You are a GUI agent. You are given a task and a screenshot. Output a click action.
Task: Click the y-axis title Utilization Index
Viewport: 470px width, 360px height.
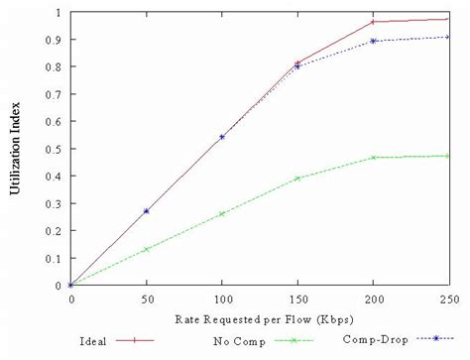pyautogui.click(x=16, y=148)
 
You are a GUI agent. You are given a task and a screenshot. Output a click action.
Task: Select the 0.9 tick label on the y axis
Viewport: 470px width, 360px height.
pyautogui.click(x=57, y=40)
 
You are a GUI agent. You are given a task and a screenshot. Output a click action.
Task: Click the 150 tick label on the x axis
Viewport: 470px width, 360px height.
pyautogui.click(x=297, y=298)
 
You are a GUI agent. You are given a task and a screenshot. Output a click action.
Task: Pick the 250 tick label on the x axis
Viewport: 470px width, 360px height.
pyautogui.click(x=447, y=298)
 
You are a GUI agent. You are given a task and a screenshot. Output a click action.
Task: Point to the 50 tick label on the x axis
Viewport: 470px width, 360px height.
pyautogui.click(x=147, y=298)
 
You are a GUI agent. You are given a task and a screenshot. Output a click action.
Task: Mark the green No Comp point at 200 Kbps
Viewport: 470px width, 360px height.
pyautogui.click(x=373, y=158)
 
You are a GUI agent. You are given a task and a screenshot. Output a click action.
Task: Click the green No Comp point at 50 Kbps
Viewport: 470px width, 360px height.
pyautogui.click(x=147, y=249)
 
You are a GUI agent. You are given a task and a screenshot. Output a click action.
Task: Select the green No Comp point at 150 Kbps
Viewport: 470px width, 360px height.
pyautogui.click(x=297, y=179)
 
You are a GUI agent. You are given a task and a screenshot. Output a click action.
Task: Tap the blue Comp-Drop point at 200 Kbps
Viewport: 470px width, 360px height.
pyautogui.click(x=373, y=42)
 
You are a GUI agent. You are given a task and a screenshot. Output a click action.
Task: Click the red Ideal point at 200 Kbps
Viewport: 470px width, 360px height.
pyautogui.click(x=373, y=22)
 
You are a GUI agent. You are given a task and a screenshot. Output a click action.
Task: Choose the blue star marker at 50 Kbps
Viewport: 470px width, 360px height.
pyautogui.click(x=147, y=211)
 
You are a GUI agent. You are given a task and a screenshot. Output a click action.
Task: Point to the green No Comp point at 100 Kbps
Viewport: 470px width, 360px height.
pyautogui.click(x=222, y=213)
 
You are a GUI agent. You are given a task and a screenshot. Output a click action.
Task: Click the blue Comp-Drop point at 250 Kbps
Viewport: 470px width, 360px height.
pyautogui.click(x=447, y=38)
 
